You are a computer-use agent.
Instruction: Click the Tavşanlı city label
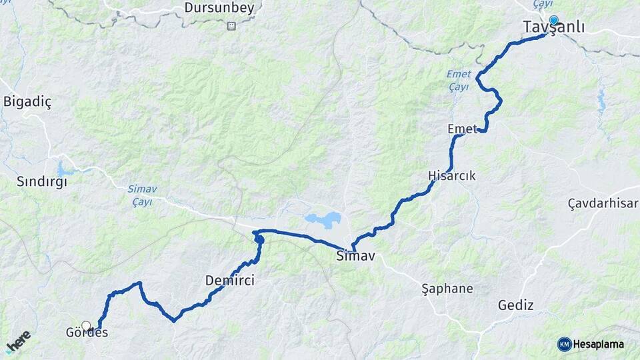554,27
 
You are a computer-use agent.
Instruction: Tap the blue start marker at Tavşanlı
553,20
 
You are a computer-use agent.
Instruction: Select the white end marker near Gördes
86,326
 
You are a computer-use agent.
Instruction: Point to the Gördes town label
87,332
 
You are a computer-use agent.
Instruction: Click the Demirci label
230,281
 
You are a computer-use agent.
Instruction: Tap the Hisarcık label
452,176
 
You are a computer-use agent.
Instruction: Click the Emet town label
463,129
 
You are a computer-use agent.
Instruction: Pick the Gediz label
516,305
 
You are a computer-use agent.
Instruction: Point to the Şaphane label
447,289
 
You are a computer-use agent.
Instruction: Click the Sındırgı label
42,182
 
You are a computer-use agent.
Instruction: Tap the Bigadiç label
27,102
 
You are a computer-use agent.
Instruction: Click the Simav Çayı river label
141,195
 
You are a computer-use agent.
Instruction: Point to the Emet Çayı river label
459,80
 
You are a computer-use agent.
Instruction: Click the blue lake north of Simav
323,221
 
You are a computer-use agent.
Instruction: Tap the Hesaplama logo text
597,344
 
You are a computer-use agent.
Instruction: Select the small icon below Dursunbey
231,26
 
